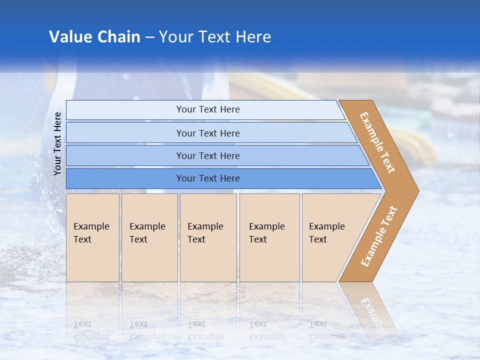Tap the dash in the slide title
point(149,37)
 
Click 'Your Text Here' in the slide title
point(215,36)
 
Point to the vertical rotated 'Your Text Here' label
point(57,143)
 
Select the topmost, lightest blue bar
point(207,109)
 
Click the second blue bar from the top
point(207,133)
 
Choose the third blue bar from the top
point(207,155)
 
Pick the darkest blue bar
point(207,178)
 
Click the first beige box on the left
point(92,237)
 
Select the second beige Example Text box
point(149,237)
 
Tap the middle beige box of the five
point(208,237)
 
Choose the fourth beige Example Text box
point(269,237)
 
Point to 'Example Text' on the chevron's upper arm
point(377,142)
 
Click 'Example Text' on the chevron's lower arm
point(378,236)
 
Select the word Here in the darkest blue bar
point(229,178)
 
